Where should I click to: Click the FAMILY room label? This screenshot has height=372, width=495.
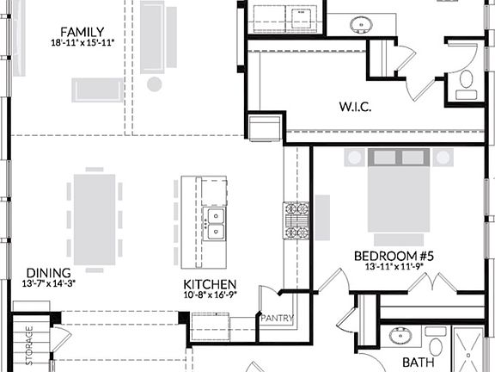coord(77,32)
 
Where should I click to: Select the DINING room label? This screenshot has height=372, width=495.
coord(42,272)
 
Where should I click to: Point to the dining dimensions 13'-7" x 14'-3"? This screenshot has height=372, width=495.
coord(42,283)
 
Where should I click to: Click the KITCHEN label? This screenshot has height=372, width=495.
coord(210,285)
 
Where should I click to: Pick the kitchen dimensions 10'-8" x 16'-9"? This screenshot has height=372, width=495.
coord(210,295)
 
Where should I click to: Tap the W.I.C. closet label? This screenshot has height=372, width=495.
coord(353,108)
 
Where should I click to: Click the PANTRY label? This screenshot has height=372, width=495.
coord(278,319)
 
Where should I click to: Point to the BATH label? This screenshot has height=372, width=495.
coord(418,363)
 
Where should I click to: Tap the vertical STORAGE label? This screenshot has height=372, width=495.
coord(28,339)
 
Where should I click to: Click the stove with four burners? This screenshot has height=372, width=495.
coord(296,220)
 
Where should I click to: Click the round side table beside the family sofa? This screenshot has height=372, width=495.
coord(155,84)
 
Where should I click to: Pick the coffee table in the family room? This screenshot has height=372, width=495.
coord(97,89)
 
